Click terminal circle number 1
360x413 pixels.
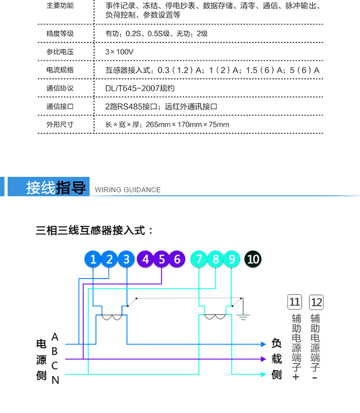tap(93, 259)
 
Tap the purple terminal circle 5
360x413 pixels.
tap(162, 259)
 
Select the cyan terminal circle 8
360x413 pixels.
tap(216, 259)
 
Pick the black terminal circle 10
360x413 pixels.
tap(253, 259)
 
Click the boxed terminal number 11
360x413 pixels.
tap(295, 302)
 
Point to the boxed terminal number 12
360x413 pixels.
tap(316, 302)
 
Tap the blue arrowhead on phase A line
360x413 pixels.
tap(263, 344)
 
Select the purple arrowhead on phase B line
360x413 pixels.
tap(263, 359)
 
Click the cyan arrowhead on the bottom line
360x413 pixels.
tap(263, 374)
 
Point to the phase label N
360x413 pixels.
tap(55, 380)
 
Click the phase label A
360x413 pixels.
tap(55, 337)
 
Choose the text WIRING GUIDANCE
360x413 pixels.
tap(128, 190)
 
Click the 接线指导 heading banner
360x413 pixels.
tap(49, 187)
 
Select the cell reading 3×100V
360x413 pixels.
tap(119, 52)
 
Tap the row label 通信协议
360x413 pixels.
tap(60, 88)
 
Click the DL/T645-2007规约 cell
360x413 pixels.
tap(140, 88)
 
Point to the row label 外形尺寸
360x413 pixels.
tap(60, 125)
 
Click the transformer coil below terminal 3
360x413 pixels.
tap(112, 317)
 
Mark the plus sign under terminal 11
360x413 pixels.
tap(296, 377)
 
